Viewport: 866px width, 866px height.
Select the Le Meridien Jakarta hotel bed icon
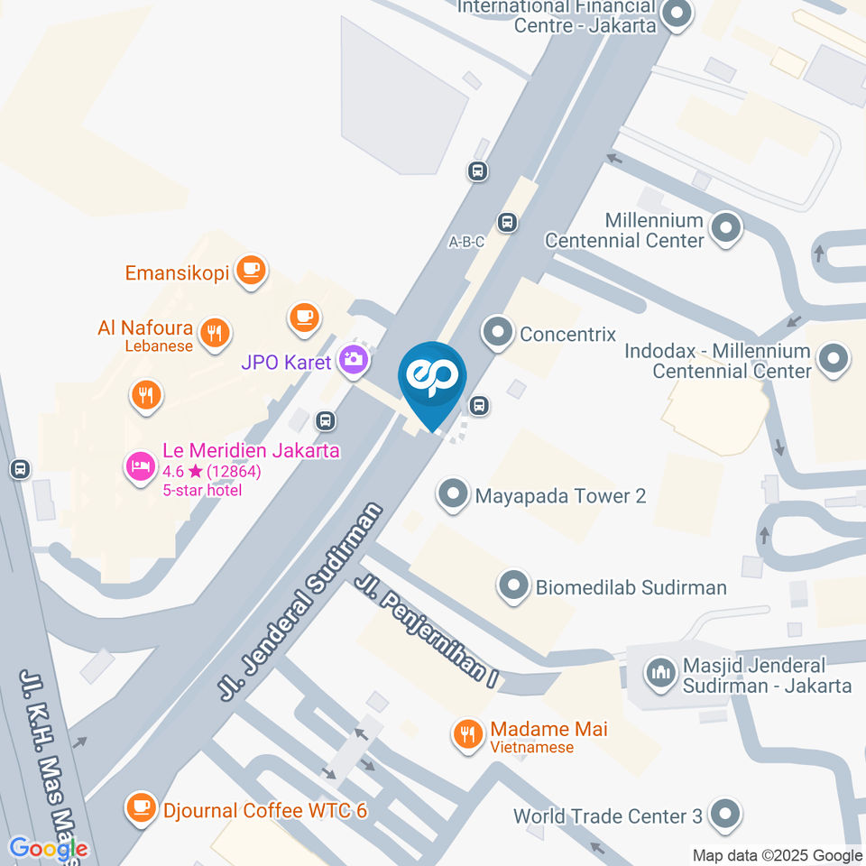click(140, 467)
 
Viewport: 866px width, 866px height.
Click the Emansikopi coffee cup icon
click(250, 268)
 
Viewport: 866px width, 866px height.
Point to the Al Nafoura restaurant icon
click(214, 331)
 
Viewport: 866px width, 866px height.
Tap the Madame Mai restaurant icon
click(466, 733)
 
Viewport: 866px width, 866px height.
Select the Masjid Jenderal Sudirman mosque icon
click(661, 672)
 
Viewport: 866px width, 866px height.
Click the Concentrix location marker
click(497, 333)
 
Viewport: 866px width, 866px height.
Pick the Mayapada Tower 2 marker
click(452, 494)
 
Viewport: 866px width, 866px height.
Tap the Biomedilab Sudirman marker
click(514, 586)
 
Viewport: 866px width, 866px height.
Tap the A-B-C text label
click(466, 242)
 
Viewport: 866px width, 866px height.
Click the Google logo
click(49, 848)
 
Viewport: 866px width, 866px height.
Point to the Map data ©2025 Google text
click(777, 855)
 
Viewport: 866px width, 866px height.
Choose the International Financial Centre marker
click(676, 14)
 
